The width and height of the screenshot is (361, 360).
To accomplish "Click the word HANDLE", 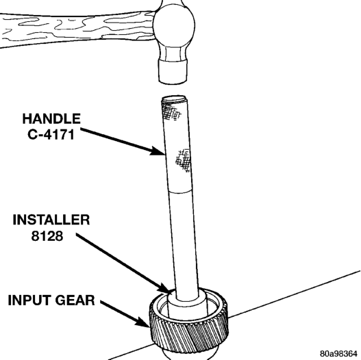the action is click(x=51, y=118).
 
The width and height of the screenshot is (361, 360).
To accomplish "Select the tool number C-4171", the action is click(x=51, y=134).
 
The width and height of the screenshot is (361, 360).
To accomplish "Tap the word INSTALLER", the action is click(x=51, y=220).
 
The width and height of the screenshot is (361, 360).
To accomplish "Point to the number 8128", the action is click(x=47, y=236).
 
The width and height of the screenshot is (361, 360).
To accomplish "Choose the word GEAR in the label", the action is click(x=75, y=300).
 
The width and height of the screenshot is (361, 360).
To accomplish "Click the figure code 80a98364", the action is click(x=338, y=353).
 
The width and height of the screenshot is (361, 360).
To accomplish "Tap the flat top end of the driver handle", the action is click(x=174, y=99).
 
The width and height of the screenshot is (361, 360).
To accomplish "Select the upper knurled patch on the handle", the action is click(x=171, y=112).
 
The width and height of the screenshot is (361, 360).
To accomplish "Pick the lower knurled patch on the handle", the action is click(x=184, y=161).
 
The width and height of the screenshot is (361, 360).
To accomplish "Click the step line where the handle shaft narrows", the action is click(x=180, y=192).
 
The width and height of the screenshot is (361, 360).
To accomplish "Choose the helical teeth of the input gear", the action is click(x=189, y=333).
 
